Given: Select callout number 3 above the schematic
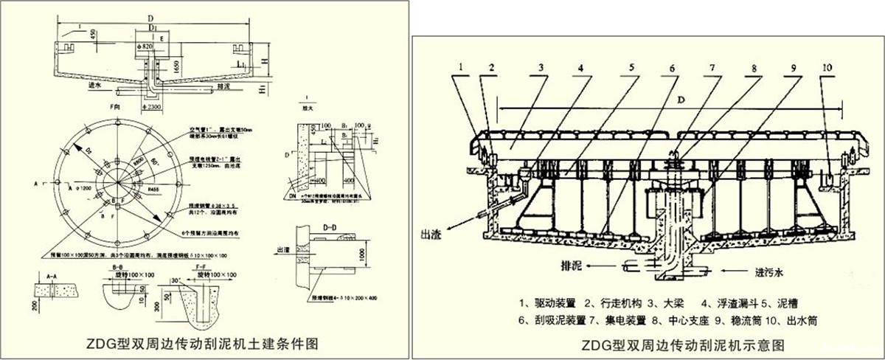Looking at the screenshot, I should tap(541, 68).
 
